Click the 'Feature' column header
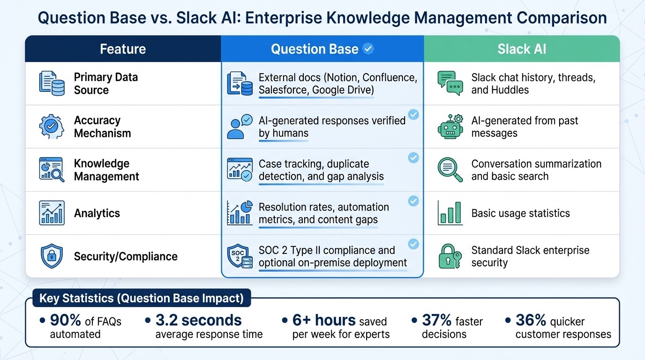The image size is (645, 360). coord(123,49)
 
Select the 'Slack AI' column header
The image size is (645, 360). coord(522,49)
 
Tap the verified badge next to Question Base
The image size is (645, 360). coord(369,49)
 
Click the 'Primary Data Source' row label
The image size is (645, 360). coord(106,83)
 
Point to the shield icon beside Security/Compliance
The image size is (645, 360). coord(52,256)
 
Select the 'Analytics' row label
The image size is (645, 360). coord(97,213)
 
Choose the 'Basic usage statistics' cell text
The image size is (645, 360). coord(520,213)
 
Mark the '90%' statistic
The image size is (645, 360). coord(66,321)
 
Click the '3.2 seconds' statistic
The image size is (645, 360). coord(198,320)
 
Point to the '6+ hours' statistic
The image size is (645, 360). coord(324,320)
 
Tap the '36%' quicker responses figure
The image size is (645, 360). coord(531,320)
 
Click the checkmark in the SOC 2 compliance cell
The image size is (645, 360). coord(413,244)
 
